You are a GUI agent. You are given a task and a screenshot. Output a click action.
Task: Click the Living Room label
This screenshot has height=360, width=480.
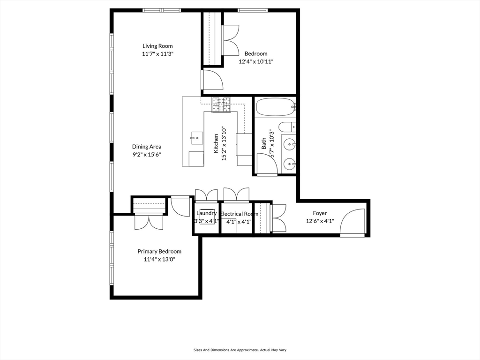point(157,46)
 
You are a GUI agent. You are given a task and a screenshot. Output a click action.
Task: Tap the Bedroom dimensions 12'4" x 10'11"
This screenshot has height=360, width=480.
point(255,61)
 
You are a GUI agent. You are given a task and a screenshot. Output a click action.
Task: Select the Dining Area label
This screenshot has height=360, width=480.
point(147,147)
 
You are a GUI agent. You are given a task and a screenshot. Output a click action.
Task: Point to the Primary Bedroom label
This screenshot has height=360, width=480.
point(159,251)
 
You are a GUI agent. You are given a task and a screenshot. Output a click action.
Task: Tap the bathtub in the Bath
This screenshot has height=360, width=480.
point(275,107)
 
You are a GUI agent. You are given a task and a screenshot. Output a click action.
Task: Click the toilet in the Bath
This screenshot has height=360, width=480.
point(286,127)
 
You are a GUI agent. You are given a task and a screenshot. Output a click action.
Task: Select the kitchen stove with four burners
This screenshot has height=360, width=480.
point(221,105)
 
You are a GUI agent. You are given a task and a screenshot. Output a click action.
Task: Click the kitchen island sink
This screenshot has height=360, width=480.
point(197,137)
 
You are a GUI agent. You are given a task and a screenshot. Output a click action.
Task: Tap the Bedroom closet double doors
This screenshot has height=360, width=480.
point(231,41)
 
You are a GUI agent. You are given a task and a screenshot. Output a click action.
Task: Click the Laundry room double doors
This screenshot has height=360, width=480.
point(206,195)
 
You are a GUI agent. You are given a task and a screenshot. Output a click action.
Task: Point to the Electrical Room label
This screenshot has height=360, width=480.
point(239,214)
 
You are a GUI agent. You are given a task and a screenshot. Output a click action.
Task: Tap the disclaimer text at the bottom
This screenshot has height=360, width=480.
point(240,350)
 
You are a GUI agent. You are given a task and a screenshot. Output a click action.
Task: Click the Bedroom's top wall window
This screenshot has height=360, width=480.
point(253,10)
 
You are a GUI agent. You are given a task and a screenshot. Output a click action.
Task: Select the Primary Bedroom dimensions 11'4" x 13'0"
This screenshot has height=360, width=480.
point(159,259)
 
